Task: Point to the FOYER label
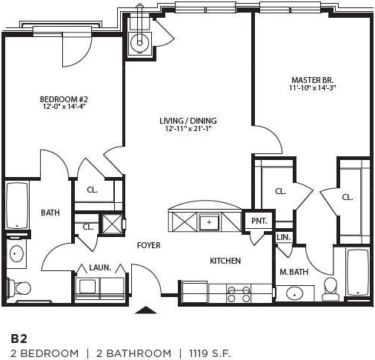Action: pos(148,245)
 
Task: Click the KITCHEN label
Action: pos(225,261)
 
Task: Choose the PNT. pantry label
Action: pos(259,221)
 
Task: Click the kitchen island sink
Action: pos(210,221)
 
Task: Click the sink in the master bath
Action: pos(294,293)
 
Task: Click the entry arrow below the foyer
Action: pos(146,310)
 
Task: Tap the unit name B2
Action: pos(18,337)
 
